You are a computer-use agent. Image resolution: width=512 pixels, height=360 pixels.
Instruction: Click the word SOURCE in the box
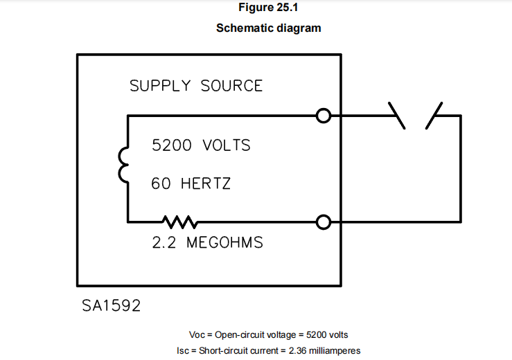click(x=232, y=86)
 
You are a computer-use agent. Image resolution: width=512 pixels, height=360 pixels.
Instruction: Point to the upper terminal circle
click(x=323, y=116)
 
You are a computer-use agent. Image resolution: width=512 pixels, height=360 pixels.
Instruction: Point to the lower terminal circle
click(x=323, y=222)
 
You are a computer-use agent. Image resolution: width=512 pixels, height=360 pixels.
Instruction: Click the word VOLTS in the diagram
click(x=227, y=146)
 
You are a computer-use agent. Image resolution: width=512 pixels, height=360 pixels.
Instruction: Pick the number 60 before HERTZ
click(x=161, y=184)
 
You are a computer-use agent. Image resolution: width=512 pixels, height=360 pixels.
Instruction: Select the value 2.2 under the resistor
click(x=164, y=244)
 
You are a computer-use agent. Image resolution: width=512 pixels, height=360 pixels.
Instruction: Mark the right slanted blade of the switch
click(x=434, y=115)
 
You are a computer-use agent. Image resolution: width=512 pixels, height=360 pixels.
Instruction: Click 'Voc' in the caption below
click(x=197, y=334)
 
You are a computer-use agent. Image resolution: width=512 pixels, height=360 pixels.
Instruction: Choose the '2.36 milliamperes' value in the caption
click(x=324, y=350)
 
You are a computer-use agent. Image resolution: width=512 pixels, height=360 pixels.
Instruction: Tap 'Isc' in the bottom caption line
click(x=184, y=350)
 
